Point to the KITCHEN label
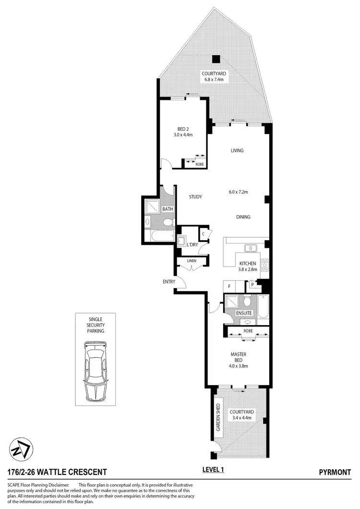[x=248, y=264]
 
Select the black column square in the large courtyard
[x=216, y=59]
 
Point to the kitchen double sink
[x=251, y=248]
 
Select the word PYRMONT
[x=335, y=473]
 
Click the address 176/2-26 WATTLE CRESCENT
[x=58, y=473]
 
